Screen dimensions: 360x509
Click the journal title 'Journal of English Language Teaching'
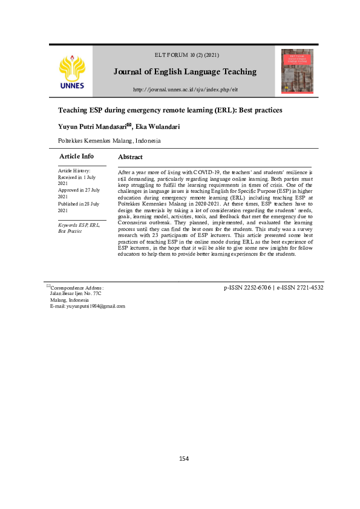tap(185, 71)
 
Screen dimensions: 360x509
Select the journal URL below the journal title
tap(185, 90)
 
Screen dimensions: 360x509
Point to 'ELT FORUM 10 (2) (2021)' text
tap(185, 56)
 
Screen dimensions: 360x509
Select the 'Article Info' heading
tap(76, 157)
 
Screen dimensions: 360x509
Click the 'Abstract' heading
tap(130, 157)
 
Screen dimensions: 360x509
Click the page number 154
tap(184, 458)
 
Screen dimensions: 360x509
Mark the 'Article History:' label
tap(70, 172)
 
